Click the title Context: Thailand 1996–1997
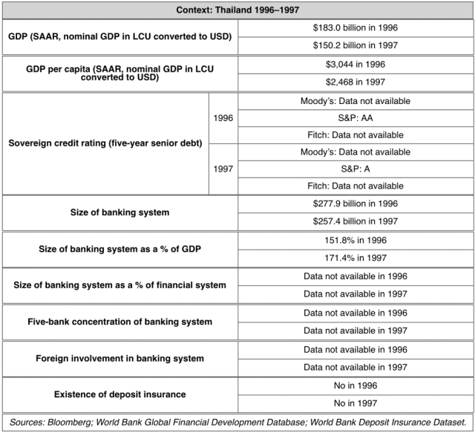[x=237, y=10]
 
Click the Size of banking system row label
[x=119, y=212]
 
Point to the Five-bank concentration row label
[x=119, y=322]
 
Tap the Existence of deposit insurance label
[x=119, y=394]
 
